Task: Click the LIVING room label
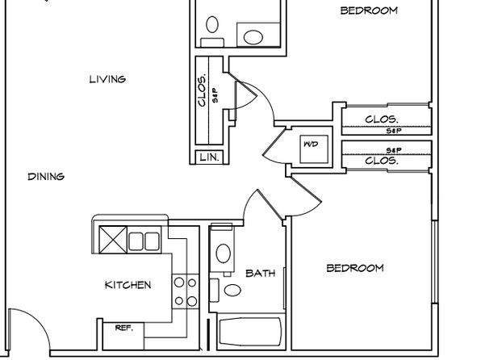(107, 79)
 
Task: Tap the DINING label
(46, 177)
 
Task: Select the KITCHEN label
(128, 285)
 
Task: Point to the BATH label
(261, 273)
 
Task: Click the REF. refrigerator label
(124, 328)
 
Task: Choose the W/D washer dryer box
(314, 149)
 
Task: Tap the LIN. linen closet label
(210, 157)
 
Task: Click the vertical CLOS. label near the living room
(202, 91)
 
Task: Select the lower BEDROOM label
(355, 268)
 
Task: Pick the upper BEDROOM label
(369, 10)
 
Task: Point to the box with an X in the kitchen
(113, 240)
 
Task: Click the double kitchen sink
(144, 241)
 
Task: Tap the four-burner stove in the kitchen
(186, 291)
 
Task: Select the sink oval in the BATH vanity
(223, 253)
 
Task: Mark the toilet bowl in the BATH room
(232, 290)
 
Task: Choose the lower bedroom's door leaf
(306, 188)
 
